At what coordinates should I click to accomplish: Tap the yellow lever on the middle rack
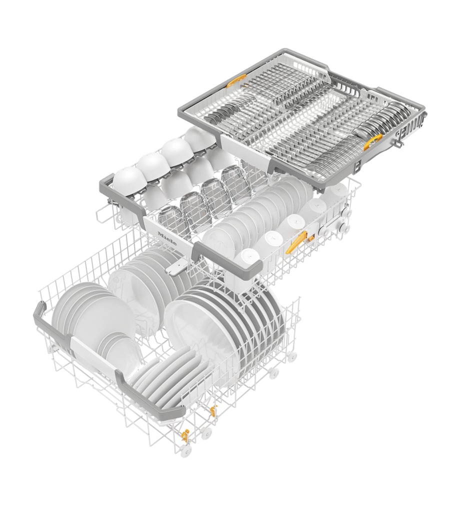[x=298, y=240]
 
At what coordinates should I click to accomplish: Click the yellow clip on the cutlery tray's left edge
[x=235, y=80]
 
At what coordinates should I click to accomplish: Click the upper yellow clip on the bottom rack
[x=212, y=409]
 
